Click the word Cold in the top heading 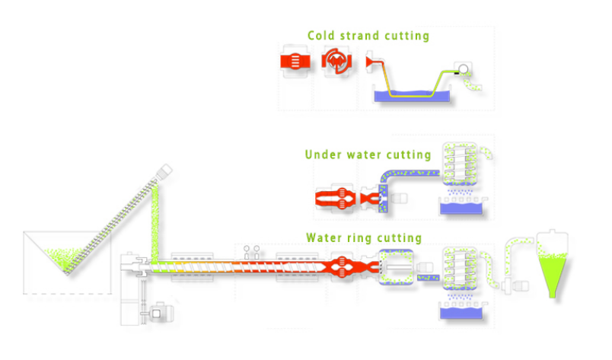coord(320,36)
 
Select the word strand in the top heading coord(356,36)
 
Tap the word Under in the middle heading coord(321,155)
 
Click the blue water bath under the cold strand coord(411,97)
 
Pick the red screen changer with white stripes coord(295,62)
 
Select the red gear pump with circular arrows coord(335,62)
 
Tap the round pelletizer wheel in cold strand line coord(462,70)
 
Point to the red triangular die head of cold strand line coord(373,62)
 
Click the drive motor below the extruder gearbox coord(159,311)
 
